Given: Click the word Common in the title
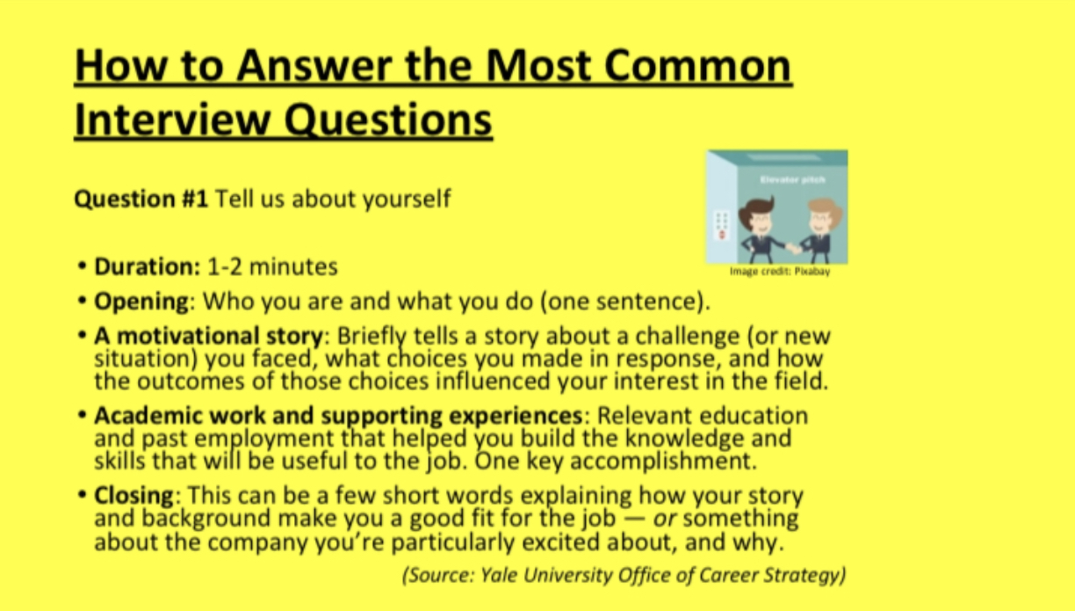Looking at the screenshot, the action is [x=698, y=65].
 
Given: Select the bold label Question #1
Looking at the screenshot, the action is [x=141, y=199].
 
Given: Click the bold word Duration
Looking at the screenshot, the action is [x=147, y=266].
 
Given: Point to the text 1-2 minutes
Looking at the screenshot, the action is [x=272, y=266].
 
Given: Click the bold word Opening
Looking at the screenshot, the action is [x=141, y=302].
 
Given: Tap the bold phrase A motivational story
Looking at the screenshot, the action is [x=208, y=336].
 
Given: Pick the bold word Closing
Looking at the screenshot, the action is [x=133, y=495].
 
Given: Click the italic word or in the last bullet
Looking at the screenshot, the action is [x=665, y=519].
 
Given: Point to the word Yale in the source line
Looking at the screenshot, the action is [x=499, y=575].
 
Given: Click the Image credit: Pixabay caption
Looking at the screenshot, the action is [x=780, y=272].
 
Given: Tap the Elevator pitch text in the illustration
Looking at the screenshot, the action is [x=793, y=179].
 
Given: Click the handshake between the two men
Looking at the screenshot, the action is [x=794, y=248].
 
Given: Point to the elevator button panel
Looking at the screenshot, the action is [x=722, y=226].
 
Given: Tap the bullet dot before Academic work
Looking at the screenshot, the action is [x=82, y=415].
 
